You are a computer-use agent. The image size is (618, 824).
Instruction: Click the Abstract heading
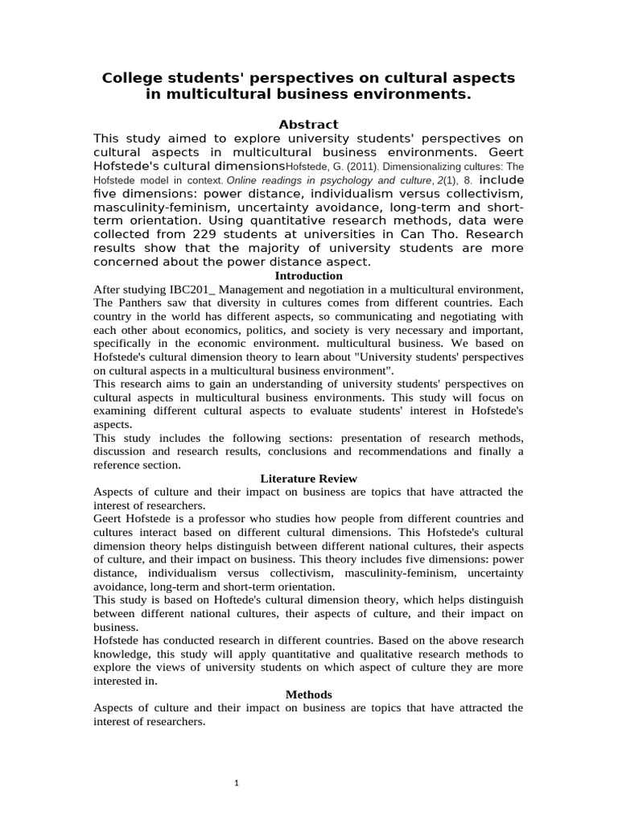coord(308,124)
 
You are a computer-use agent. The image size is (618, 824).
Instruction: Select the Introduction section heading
coord(308,275)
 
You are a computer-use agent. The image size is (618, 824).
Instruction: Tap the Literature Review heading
coord(308,478)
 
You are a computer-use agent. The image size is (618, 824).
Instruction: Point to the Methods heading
coord(308,694)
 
